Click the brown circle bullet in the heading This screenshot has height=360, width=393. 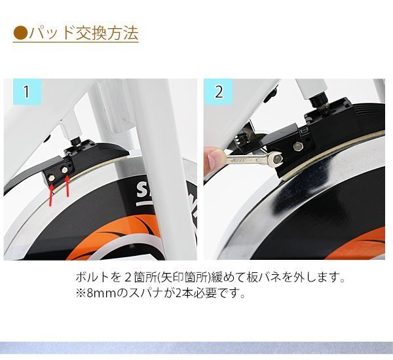(x=20, y=33)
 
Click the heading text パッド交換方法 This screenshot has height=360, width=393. (x=83, y=33)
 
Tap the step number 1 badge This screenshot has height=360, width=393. (x=27, y=92)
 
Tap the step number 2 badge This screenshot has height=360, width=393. (x=219, y=92)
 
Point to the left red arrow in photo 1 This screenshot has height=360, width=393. (x=51, y=195)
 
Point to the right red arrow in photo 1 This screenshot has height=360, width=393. (x=67, y=187)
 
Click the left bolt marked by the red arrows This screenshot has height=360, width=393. (x=52, y=178)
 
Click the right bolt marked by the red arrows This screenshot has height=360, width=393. (x=64, y=170)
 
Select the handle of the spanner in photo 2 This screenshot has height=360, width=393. (x=246, y=159)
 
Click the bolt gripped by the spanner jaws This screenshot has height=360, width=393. (x=277, y=158)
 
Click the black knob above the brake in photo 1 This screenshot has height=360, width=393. (x=75, y=142)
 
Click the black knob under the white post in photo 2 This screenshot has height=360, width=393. (x=318, y=98)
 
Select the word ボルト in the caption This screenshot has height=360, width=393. (x=92, y=278)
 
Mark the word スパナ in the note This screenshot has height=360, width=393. (x=145, y=293)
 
